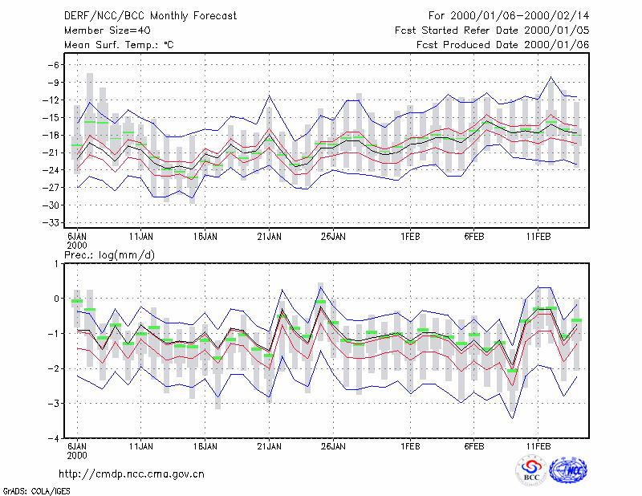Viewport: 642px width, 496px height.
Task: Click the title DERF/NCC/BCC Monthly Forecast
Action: [150, 16]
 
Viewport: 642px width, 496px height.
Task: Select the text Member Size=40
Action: [108, 30]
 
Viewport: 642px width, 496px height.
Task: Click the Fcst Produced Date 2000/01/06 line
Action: [503, 45]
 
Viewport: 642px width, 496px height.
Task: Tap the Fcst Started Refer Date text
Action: [459, 30]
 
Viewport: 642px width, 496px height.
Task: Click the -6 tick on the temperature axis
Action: [53, 65]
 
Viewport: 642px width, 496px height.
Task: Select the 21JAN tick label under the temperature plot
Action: [269, 237]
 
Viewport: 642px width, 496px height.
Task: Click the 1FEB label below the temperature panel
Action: [410, 237]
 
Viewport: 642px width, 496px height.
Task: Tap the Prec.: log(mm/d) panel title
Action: [109, 255]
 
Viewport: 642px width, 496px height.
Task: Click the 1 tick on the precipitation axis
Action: [56, 264]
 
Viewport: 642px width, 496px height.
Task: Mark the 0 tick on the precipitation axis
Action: [56, 299]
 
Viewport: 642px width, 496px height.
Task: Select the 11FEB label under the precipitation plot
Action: [538, 446]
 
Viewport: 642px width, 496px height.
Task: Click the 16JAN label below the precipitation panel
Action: [205, 446]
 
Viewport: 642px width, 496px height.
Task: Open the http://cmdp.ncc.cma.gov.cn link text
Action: [132, 474]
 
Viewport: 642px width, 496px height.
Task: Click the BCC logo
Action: [531, 470]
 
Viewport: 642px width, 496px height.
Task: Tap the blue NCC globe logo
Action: [568, 470]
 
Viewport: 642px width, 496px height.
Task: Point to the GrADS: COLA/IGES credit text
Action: [36, 491]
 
